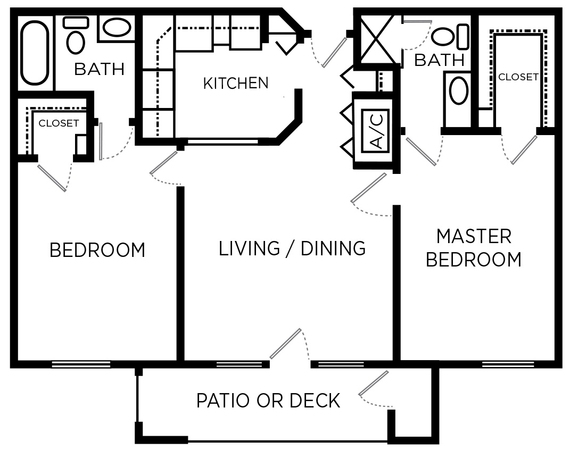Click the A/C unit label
coord(376,130)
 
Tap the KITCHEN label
coord(236,83)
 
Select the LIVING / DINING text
coord(292,248)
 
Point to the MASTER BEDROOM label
coord(474,248)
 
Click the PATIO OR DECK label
coord(268,400)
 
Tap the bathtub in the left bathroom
coord(35,52)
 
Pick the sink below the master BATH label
coord(459,90)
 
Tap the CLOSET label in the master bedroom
coord(518,77)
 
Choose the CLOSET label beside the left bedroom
coord(59,123)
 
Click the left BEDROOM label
coord(97,250)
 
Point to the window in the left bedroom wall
coord(81,364)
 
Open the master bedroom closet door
coord(524,149)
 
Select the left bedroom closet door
coord(52,177)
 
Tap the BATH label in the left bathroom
coord(99,69)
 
